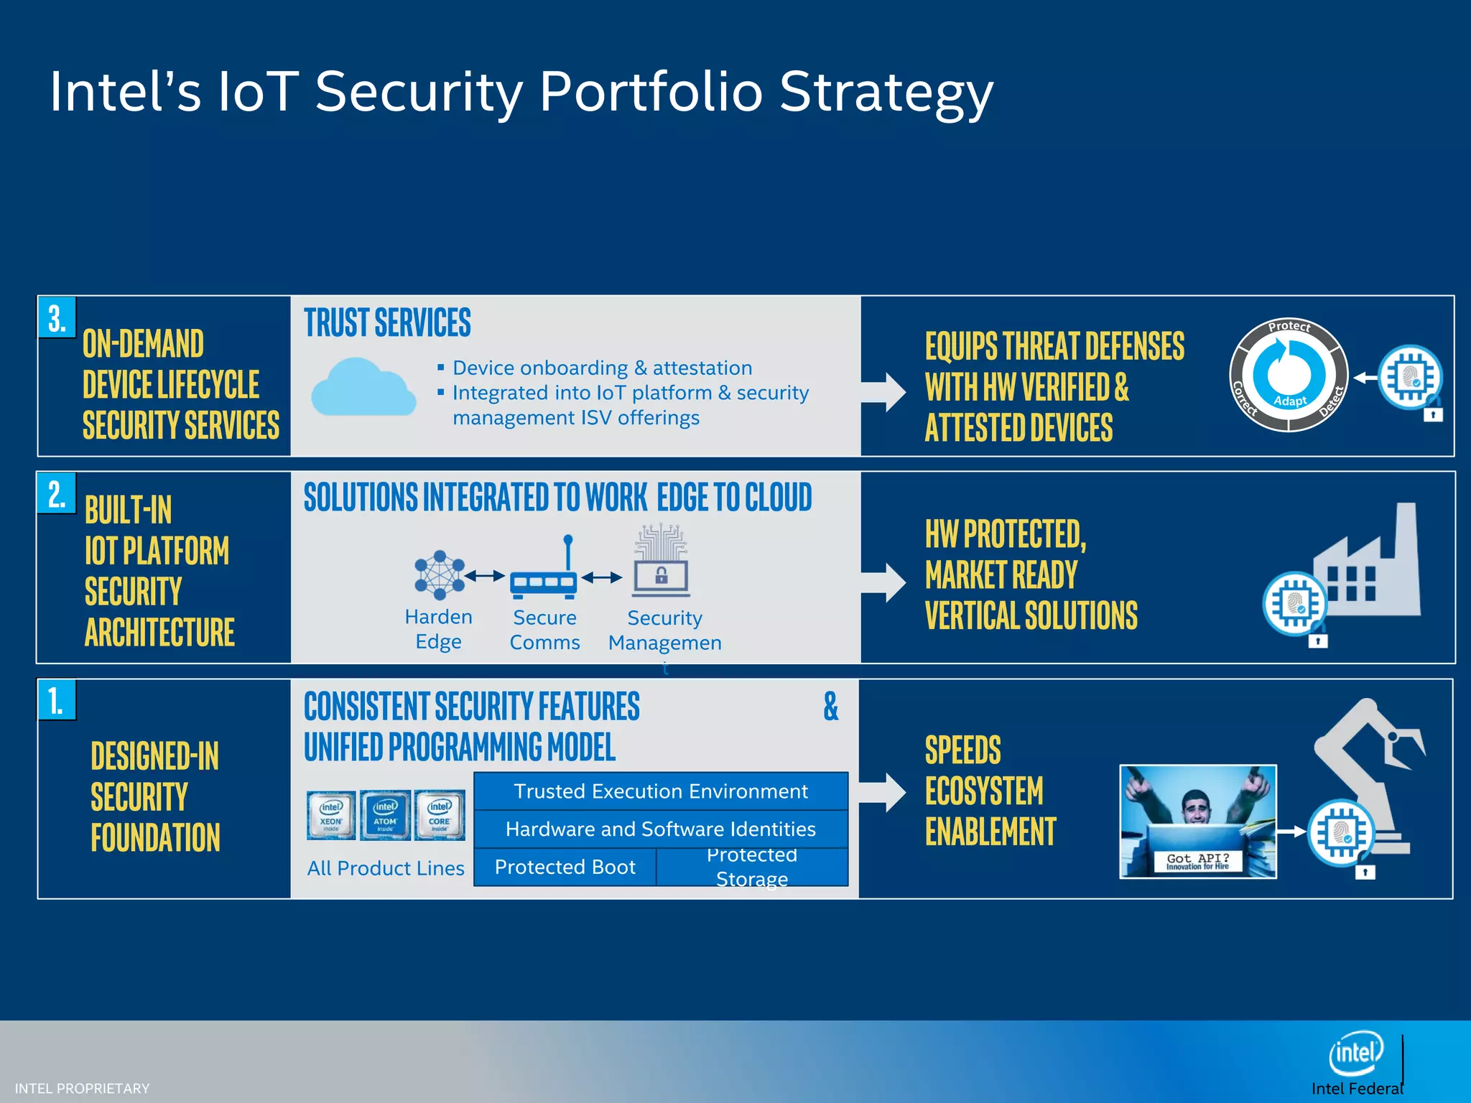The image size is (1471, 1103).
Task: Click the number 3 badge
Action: coord(57,318)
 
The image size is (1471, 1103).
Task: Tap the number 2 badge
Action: coord(57,494)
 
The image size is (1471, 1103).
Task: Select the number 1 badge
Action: coord(57,701)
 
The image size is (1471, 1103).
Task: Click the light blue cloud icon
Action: coord(363,388)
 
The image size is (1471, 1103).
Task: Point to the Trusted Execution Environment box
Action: coord(661,791)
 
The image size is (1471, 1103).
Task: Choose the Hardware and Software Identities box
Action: coord(661,829)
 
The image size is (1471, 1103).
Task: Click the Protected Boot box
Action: coord(565,867)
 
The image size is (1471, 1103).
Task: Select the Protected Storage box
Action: coord(752,867)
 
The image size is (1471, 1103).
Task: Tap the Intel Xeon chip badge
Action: coord(331,815)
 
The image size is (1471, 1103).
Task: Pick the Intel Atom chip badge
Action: coord(386,815)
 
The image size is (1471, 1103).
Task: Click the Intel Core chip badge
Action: coord(440,815)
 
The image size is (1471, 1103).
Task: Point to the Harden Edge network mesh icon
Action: coord(439,575)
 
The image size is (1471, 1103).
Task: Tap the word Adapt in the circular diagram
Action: coord(1290,401)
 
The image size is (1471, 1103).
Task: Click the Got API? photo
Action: coord(1198,822)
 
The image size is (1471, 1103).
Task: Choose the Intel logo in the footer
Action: coord(1356,1053)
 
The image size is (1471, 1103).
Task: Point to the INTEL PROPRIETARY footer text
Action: coord(82,1089)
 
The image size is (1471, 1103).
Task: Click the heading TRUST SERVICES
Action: coord(387,323)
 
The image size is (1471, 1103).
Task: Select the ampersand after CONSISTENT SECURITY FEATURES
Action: coord(830,707)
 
